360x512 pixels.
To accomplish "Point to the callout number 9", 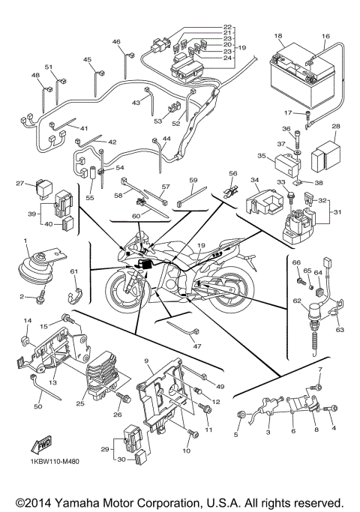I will point(148,361).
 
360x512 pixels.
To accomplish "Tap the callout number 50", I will point(37,407).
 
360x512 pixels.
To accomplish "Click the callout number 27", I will point(21,182).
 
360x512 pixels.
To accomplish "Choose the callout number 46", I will point(116,42).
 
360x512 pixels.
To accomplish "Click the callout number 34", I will point(255,180).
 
